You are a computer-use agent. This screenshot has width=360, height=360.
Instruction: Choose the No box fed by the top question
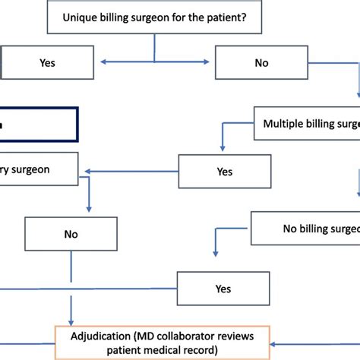coord(261,63)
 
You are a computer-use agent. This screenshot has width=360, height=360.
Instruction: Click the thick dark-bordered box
coord(38,125)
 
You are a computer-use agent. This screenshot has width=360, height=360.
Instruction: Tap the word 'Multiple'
coord(284,123)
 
